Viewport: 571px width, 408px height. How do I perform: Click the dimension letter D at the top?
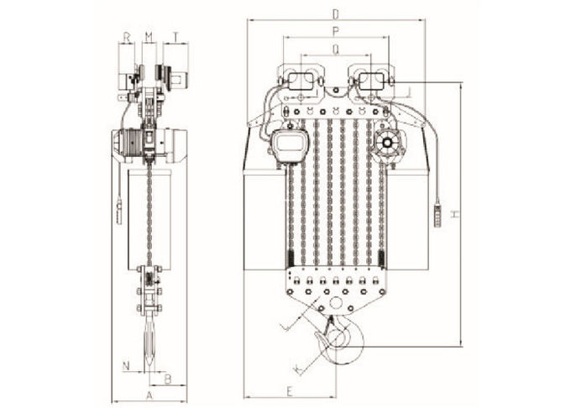(x=336, y=14)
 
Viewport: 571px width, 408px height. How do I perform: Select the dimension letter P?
(x=336, y=32)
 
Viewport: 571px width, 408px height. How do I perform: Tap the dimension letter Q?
(x=336, y=50)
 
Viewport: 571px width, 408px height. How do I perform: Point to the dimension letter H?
(x=455, y=214)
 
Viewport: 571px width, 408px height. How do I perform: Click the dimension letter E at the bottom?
(x=290, y=391)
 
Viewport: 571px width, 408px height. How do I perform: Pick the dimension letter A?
(x=149, y=395)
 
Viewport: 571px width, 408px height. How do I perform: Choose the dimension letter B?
(x=167, y=379)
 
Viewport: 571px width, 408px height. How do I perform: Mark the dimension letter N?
(x=126, y=365)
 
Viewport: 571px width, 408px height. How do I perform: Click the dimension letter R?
(x=126, y=37)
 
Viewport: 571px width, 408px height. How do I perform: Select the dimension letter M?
(x=149, y=37)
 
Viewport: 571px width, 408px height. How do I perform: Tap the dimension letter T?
(x=175, y=37)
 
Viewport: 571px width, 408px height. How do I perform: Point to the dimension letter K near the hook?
(x=299, y=369)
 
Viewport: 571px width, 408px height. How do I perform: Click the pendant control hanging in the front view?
(x=439, y=214)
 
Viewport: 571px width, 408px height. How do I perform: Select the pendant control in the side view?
(x=119, y=212)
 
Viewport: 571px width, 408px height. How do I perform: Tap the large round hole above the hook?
(x=336, y=302)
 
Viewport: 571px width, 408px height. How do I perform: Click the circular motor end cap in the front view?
(x=387, y=143)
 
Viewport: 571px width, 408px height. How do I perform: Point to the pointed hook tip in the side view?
(x=151, y=369)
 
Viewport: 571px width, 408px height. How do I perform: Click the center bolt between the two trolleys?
(x=336, y=90)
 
